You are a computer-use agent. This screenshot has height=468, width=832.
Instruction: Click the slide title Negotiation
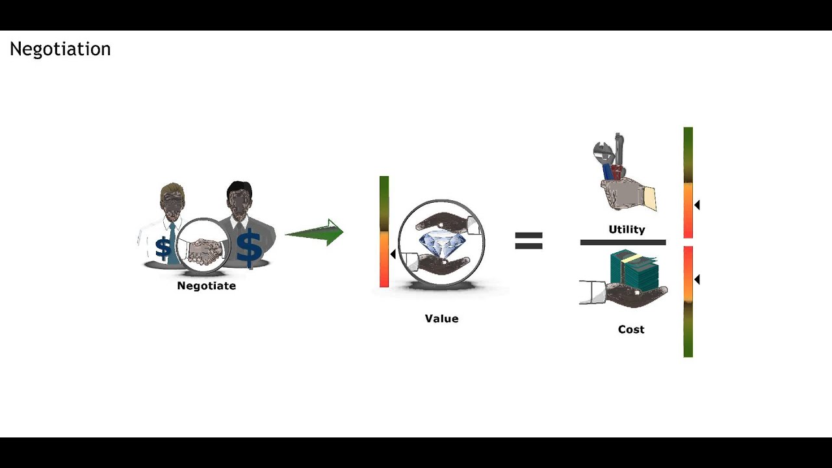click(60, 49)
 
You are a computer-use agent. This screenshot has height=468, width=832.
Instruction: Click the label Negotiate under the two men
click(206, 285)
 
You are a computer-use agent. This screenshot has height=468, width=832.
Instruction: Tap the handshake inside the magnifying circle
click(204, 250)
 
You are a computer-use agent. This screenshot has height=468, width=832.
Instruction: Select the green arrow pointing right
click(315, 233)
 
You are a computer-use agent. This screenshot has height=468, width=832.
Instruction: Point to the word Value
click(441, 318)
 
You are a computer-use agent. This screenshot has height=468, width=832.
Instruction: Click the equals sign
click(528, 241)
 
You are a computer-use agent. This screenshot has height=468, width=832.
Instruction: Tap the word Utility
click(627, 229)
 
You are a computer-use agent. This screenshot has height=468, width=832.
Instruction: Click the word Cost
click(631, 330)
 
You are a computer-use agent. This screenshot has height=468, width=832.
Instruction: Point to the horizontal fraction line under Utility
click(623, 242)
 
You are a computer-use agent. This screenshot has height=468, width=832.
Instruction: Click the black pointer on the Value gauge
click(393, 254)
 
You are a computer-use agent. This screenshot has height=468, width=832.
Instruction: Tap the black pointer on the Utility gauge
click(697, 205)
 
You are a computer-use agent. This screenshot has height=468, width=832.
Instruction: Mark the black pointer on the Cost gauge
click(697, 279)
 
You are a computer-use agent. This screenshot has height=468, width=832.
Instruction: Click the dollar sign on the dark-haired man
click(249, 248)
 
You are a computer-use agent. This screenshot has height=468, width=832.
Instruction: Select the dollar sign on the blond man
click(163, 248)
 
